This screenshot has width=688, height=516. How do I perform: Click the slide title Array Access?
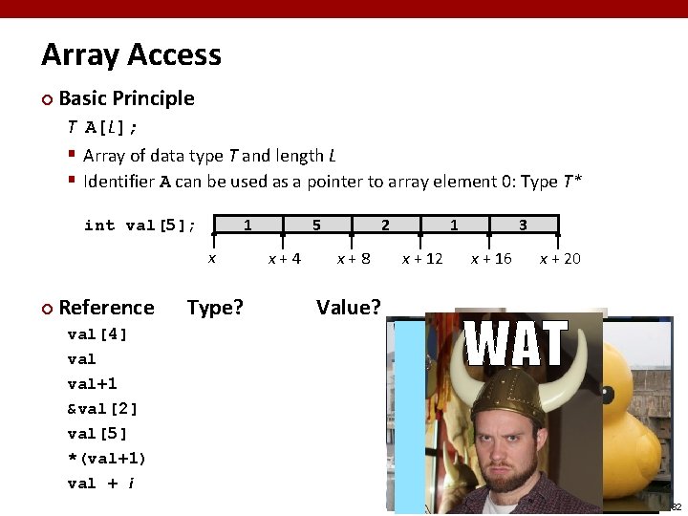[131, 55]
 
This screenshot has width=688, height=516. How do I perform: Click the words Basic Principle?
[126, 98]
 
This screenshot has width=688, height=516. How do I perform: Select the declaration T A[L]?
[102, 127]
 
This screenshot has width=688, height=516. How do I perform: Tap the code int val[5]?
[140, 226]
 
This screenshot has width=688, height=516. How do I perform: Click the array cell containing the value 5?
[316, 226]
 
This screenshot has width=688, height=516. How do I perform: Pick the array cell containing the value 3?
[523, 226]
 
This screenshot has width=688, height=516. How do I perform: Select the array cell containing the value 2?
[385, 226]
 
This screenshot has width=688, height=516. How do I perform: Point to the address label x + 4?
[284, 259]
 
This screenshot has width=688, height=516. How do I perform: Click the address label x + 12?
[421, 259]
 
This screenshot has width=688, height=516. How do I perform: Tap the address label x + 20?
[559, 259]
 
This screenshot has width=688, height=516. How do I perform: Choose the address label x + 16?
[490, 259]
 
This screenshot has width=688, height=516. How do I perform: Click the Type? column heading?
[215, 308]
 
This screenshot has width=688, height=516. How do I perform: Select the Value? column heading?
[348, 308]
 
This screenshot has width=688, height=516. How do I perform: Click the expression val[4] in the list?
[97, 334]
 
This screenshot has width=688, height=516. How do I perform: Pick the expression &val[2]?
[102, 409]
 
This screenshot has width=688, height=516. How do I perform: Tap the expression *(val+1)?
[106, 459]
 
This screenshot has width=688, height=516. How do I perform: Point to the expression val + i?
[100, 484]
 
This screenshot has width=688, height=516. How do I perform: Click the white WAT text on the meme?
[516, 345]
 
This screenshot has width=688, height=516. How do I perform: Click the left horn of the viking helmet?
[465, 393]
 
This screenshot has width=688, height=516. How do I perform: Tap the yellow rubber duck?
[640, 401]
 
